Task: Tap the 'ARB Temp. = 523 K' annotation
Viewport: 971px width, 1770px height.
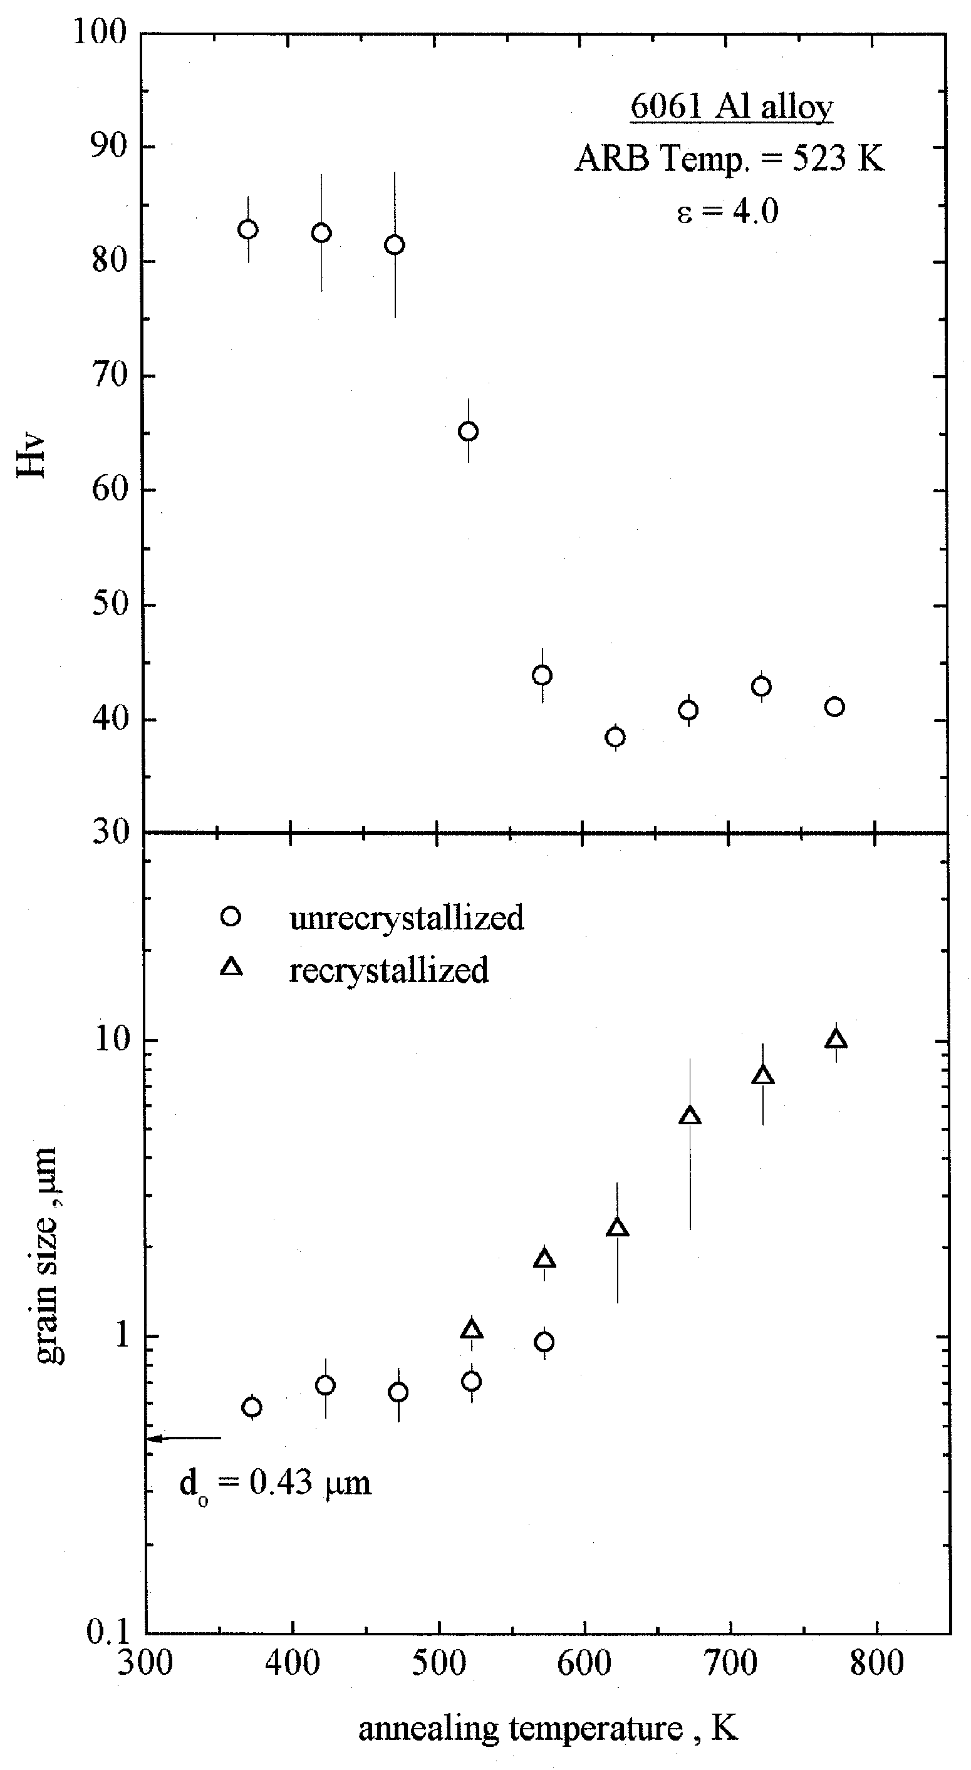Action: click(729, 160)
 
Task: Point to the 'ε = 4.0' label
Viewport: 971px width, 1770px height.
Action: click(727, 211)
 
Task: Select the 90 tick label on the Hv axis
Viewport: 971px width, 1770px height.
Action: click(111, 147)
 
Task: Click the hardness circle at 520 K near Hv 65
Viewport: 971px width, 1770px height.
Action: click(468, 432)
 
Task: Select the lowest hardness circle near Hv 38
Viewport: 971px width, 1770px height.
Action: click(615, 737)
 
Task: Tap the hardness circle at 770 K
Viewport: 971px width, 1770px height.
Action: click(834, 707)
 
